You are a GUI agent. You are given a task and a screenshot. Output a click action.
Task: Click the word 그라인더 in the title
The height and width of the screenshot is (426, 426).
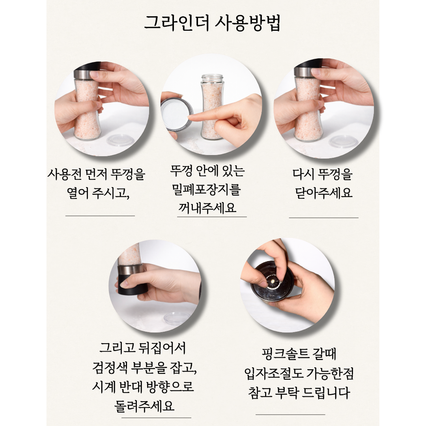coord(177,23)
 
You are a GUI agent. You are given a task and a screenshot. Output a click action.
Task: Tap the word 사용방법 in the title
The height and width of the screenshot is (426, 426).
coord(247,23)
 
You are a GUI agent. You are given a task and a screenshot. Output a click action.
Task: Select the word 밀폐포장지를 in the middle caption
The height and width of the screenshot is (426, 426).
coord(206,189)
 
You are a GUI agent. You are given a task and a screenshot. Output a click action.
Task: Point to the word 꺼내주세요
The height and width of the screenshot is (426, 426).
coord(207,208)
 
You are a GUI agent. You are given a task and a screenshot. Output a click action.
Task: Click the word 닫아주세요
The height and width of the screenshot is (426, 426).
coord(323,193)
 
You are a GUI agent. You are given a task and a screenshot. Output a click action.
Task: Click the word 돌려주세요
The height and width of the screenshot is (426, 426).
coord(144,406)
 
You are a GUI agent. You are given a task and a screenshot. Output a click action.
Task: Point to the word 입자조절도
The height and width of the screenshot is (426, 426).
coord(274,374)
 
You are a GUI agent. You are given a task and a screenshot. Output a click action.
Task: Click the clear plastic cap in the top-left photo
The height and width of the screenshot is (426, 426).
coord(120,140)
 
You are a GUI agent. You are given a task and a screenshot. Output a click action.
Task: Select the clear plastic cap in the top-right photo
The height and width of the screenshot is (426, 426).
coord(343,142)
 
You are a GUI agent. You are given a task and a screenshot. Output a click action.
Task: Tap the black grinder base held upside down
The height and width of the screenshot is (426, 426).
coord(133,285)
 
